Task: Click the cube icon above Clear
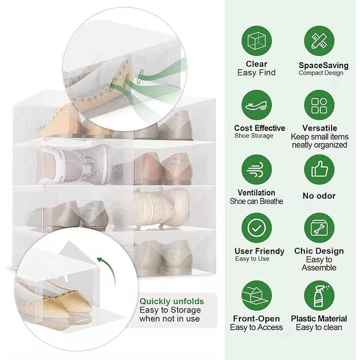coord(257,41)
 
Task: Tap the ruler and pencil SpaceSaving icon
coord(319,41)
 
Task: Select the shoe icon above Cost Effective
coord(257,105)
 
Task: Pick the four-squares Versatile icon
coord(319,105)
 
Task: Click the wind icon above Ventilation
coord(257,169)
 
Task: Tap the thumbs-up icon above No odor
coord(319,169)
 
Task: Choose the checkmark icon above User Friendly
coord(257,228)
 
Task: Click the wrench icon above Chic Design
coord(319,228)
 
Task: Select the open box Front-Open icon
coord(257,296)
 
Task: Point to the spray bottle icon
coord(319,296)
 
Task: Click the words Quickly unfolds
coord(171,301)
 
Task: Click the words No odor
coord(319,196)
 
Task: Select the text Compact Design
coord(321,73)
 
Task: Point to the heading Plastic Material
coord(319,319)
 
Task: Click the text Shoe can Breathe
coord(256,201)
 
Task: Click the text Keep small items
coord(320,137)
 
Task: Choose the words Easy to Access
coord(256,327)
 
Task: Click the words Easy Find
coord(256,73)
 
